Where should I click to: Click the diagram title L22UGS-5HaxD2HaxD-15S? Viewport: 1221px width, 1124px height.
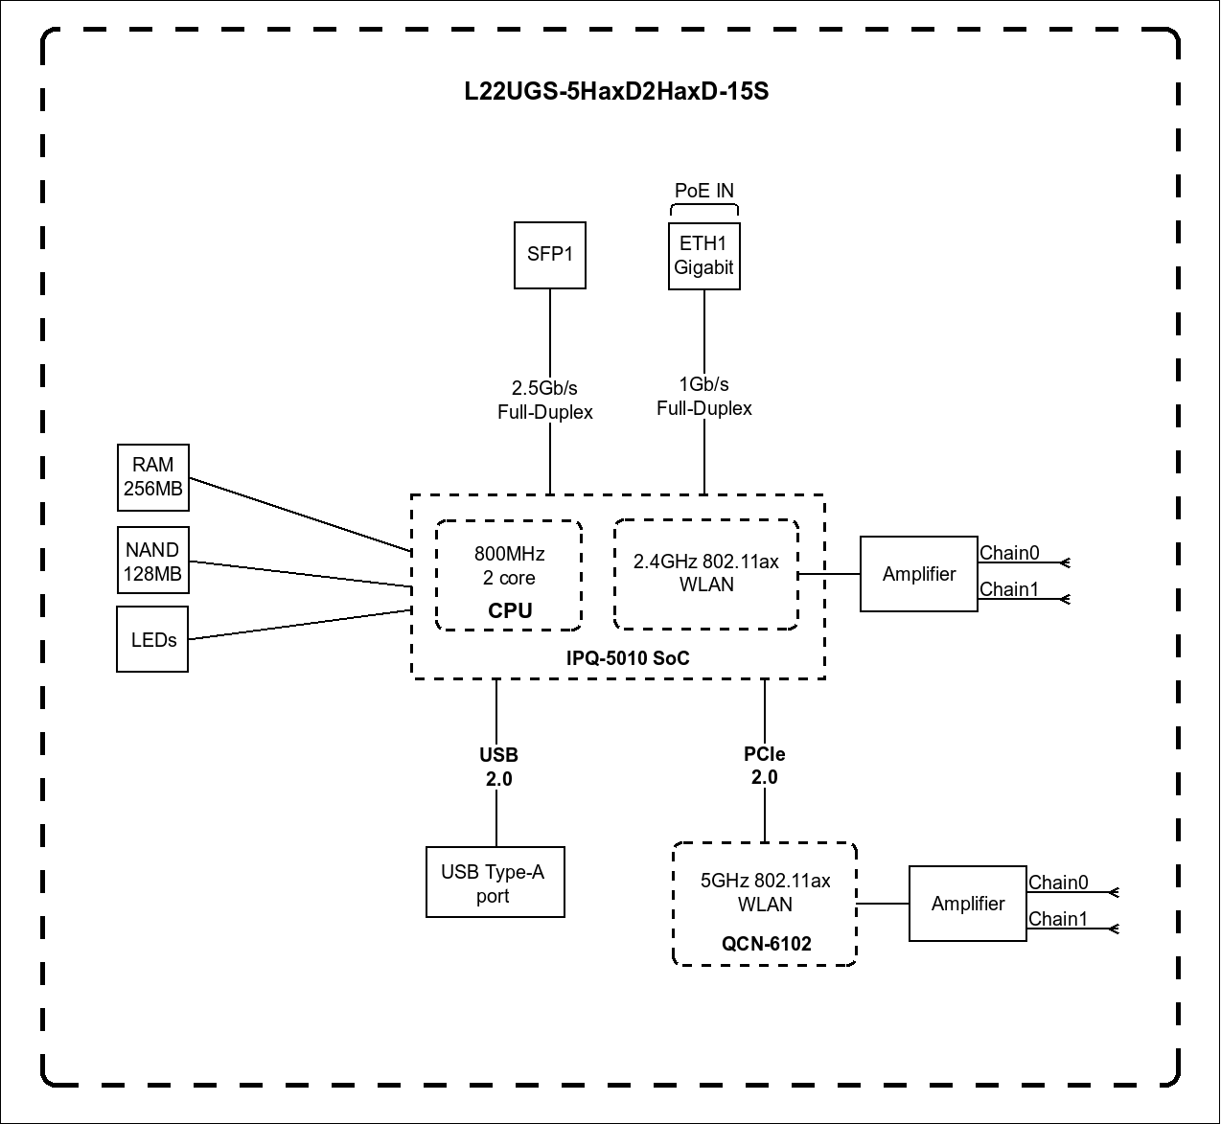616,93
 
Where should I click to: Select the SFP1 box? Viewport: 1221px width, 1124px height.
550,255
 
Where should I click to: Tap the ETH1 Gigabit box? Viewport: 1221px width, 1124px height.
704,256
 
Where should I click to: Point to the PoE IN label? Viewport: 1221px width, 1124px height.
704,191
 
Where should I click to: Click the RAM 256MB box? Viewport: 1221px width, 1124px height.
153,477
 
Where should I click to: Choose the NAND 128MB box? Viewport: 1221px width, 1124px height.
152,562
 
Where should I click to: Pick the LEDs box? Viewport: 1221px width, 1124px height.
153,639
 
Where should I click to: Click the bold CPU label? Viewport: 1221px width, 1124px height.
510,611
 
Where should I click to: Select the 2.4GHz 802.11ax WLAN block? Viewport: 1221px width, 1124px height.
706,574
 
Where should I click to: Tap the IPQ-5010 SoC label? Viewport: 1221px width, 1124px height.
628,658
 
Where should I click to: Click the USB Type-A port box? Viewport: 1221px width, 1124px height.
495,883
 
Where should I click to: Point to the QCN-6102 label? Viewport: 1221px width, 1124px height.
767,944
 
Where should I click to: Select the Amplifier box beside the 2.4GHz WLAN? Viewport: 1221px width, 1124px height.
919,574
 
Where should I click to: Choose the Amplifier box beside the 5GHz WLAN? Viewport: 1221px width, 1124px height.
968,904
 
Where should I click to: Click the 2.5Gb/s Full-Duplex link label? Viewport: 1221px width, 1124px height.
545,400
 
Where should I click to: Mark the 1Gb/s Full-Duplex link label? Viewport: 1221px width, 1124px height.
704,397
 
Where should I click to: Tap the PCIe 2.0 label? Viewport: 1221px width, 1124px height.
765,766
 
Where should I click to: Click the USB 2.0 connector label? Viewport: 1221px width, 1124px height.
498,767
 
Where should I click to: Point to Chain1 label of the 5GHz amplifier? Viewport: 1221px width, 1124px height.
1058,919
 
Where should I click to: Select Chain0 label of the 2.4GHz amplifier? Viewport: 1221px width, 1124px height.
1009,553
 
